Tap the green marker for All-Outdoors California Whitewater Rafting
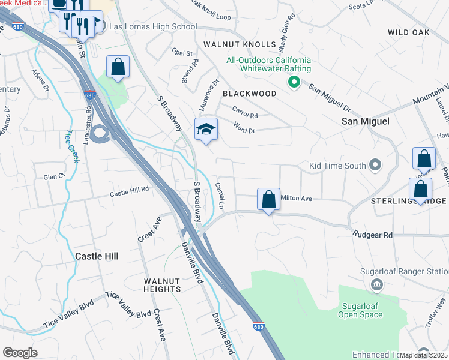294,82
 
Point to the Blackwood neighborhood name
249,94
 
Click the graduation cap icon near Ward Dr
206,130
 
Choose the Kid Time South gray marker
376,164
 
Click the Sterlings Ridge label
399,201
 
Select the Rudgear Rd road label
372,235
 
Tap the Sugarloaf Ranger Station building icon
377,284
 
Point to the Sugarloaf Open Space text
360,310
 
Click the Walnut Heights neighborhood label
162,285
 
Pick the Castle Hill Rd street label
129,194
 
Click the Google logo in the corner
20,353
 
